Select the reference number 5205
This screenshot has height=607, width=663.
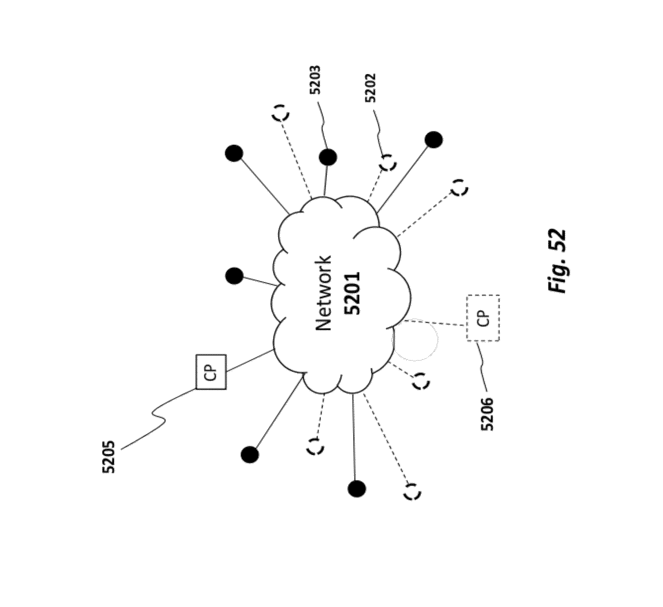pos(109,457)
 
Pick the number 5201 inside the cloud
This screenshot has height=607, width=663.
pos(352,293)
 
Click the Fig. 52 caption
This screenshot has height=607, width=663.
pos(557,260)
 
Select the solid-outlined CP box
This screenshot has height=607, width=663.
pos(211,372)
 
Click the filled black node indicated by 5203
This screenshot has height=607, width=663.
pos(328,157)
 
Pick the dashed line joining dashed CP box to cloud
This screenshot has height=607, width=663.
pos(434,323)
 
